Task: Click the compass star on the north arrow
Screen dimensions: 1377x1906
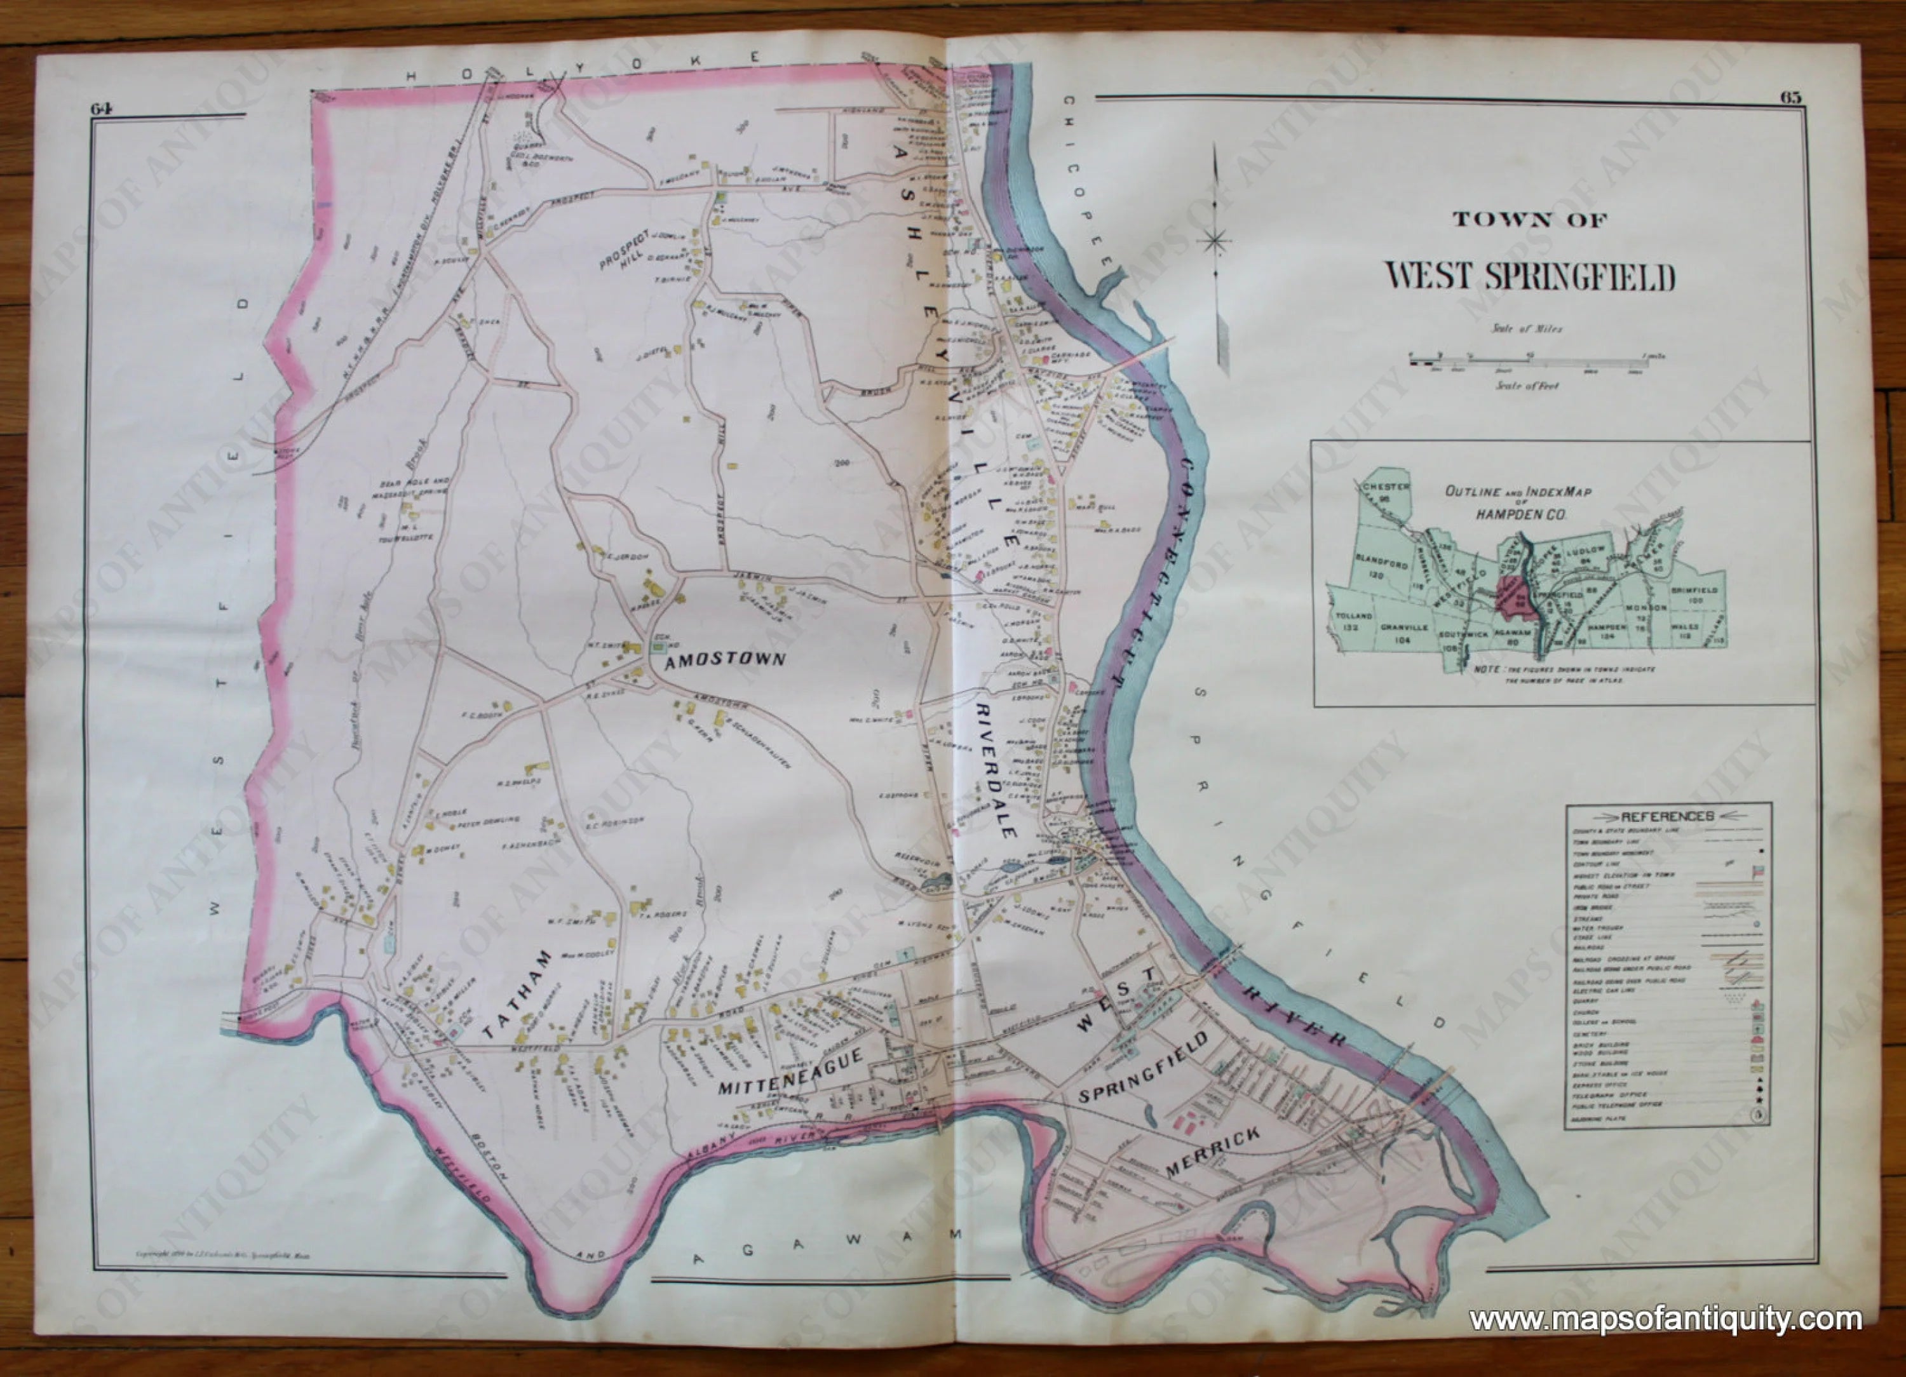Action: [1215, 242]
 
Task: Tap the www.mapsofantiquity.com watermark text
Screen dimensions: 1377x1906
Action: [1665, 1320]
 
